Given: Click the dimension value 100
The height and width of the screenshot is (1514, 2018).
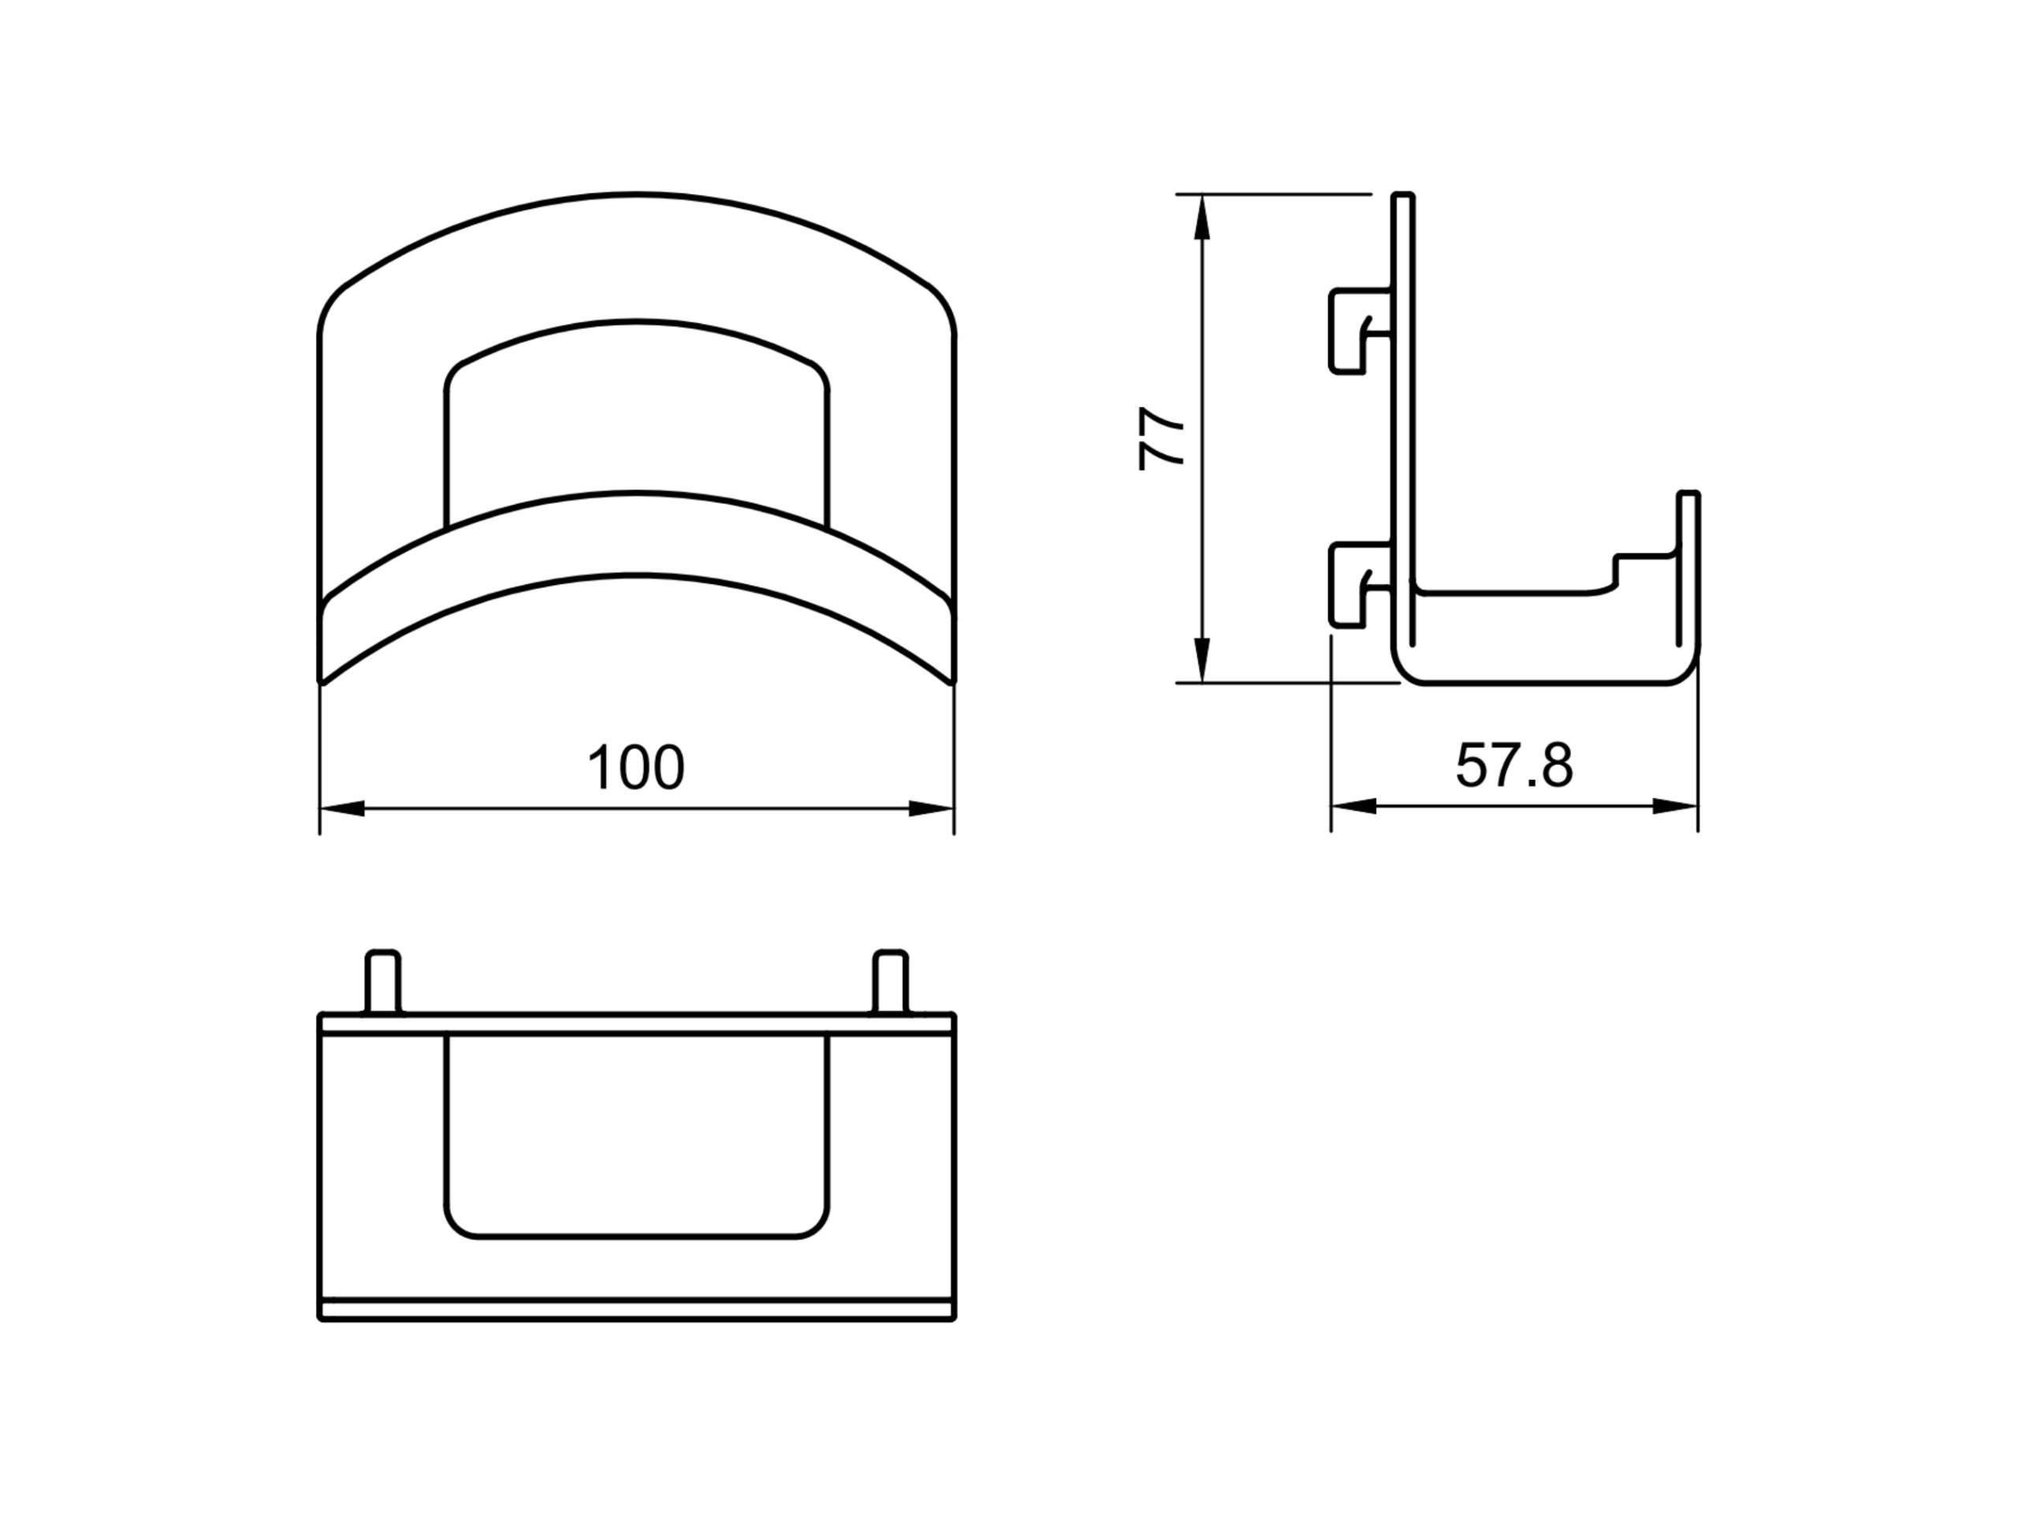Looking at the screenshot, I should tap(636, 767).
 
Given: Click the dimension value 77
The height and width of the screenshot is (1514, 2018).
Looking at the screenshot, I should tap(1160, 439).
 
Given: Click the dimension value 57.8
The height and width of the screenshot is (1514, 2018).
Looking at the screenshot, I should tap(1513, 765).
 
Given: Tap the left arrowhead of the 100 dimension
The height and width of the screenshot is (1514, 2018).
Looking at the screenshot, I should tap(343, 808).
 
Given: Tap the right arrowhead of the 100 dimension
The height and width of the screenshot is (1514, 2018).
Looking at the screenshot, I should tap(930, 808).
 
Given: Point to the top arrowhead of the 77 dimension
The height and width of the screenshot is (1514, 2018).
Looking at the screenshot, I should tap(1201, 219).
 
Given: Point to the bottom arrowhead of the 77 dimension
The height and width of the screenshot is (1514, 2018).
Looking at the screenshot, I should tap(1201, 659).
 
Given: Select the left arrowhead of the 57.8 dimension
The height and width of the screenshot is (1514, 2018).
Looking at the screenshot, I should tap(1353, 807).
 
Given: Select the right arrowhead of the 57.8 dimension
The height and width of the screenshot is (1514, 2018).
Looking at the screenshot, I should tap(1675, 807).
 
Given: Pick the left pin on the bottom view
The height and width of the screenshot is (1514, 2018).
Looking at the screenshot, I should tap(382, 982).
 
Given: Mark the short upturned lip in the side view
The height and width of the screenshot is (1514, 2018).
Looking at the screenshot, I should tap(1688, 566).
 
